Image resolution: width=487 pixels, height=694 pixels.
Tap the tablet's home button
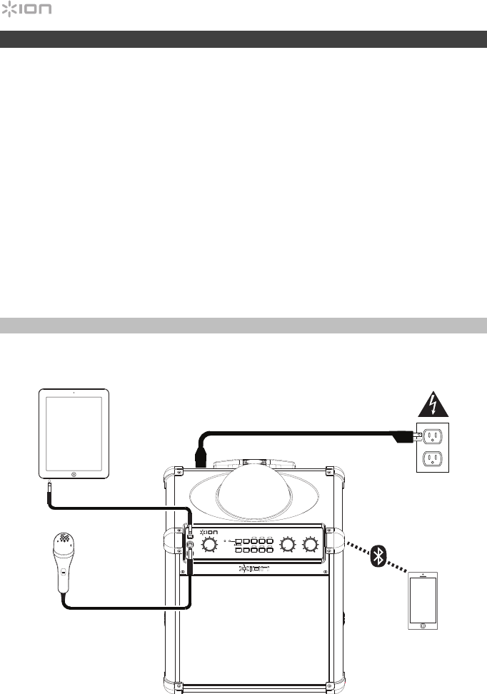point(74,473)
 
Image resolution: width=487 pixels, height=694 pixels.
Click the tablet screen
point(74,431)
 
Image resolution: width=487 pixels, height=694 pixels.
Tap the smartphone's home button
point(423,625)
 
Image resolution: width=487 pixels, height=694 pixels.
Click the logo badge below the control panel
point(254,570)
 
